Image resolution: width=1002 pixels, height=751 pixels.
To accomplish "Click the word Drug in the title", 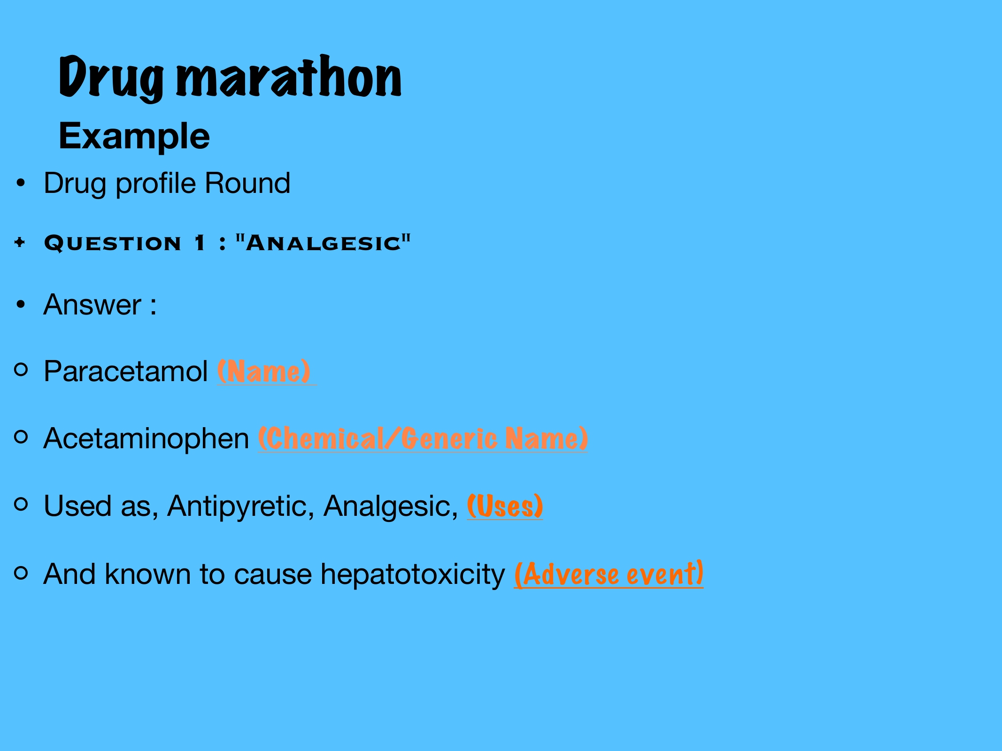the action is [111, 78].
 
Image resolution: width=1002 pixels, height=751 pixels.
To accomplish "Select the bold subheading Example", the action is [134, 137].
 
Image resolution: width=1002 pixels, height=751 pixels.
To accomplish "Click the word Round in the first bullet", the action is [247, 183].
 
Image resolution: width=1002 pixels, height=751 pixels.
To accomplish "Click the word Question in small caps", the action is [113, 243].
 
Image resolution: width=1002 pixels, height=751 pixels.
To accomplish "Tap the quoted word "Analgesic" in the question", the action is [323, 243].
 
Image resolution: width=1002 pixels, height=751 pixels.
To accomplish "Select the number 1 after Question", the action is [200, 243].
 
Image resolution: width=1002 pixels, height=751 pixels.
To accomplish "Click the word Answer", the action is [92, 305].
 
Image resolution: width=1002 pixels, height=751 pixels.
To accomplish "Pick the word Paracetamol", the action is [126, 371].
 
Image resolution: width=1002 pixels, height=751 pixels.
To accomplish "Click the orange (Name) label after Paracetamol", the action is [264, 371].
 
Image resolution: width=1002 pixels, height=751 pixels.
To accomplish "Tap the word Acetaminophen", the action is [146, 439].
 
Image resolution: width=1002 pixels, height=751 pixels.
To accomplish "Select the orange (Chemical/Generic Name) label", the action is [423, 438].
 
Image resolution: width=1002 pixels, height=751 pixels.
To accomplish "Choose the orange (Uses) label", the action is [505, 506].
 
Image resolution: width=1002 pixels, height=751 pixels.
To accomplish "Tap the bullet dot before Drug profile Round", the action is [20, 183].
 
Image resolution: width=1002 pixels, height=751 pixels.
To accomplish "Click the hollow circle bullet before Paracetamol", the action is [21, 369].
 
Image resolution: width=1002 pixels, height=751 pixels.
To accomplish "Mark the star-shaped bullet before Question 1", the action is [20, 243].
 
